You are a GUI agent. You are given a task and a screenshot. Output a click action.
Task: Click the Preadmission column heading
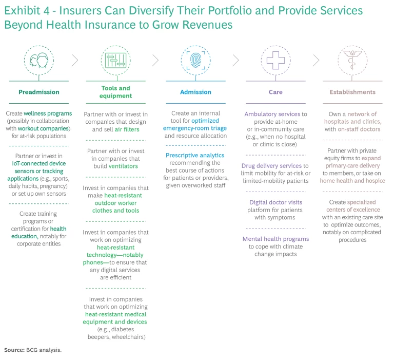pos(39,92)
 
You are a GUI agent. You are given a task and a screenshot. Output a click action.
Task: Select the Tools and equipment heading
pos(116,92)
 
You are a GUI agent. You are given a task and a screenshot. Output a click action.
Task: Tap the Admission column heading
pos(195,92)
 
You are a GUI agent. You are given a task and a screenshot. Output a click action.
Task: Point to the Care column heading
pos(275,92)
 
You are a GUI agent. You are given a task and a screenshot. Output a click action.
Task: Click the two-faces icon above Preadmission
pos(39,61)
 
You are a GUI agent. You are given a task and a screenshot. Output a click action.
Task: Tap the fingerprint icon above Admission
pos(195,61)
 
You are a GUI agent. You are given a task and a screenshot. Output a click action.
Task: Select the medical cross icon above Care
pos(275,61)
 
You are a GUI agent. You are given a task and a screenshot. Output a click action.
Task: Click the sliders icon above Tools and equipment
pos(116,61)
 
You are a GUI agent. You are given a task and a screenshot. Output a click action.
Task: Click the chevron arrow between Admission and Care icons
pos(235,61)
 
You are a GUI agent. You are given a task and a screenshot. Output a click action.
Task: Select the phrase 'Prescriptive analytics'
pos(195,155)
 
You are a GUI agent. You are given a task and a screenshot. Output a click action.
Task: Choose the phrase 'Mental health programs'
pos(275,239)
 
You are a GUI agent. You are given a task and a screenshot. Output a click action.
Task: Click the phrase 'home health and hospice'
pos(352,181)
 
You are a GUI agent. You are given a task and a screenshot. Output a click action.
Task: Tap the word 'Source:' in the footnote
pos(14,350)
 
